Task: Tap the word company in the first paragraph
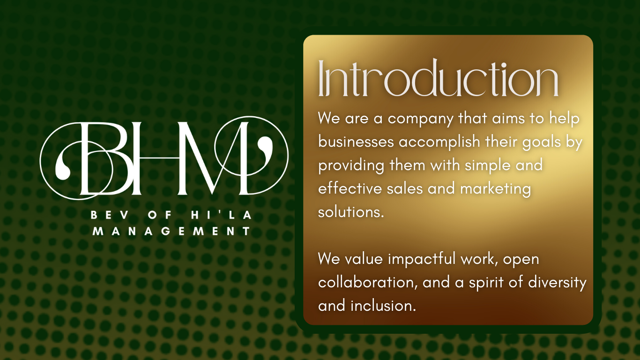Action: (x=421, y=119)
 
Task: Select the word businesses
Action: (x=356, y=142)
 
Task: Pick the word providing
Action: (x=351, y=166)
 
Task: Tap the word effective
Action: (x=350, y=188)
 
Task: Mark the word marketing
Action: (x=496, y=189)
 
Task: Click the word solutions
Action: (x=351, y=212)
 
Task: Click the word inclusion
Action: (x=383, y=306)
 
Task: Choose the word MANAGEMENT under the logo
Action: (x=172, y=231)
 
